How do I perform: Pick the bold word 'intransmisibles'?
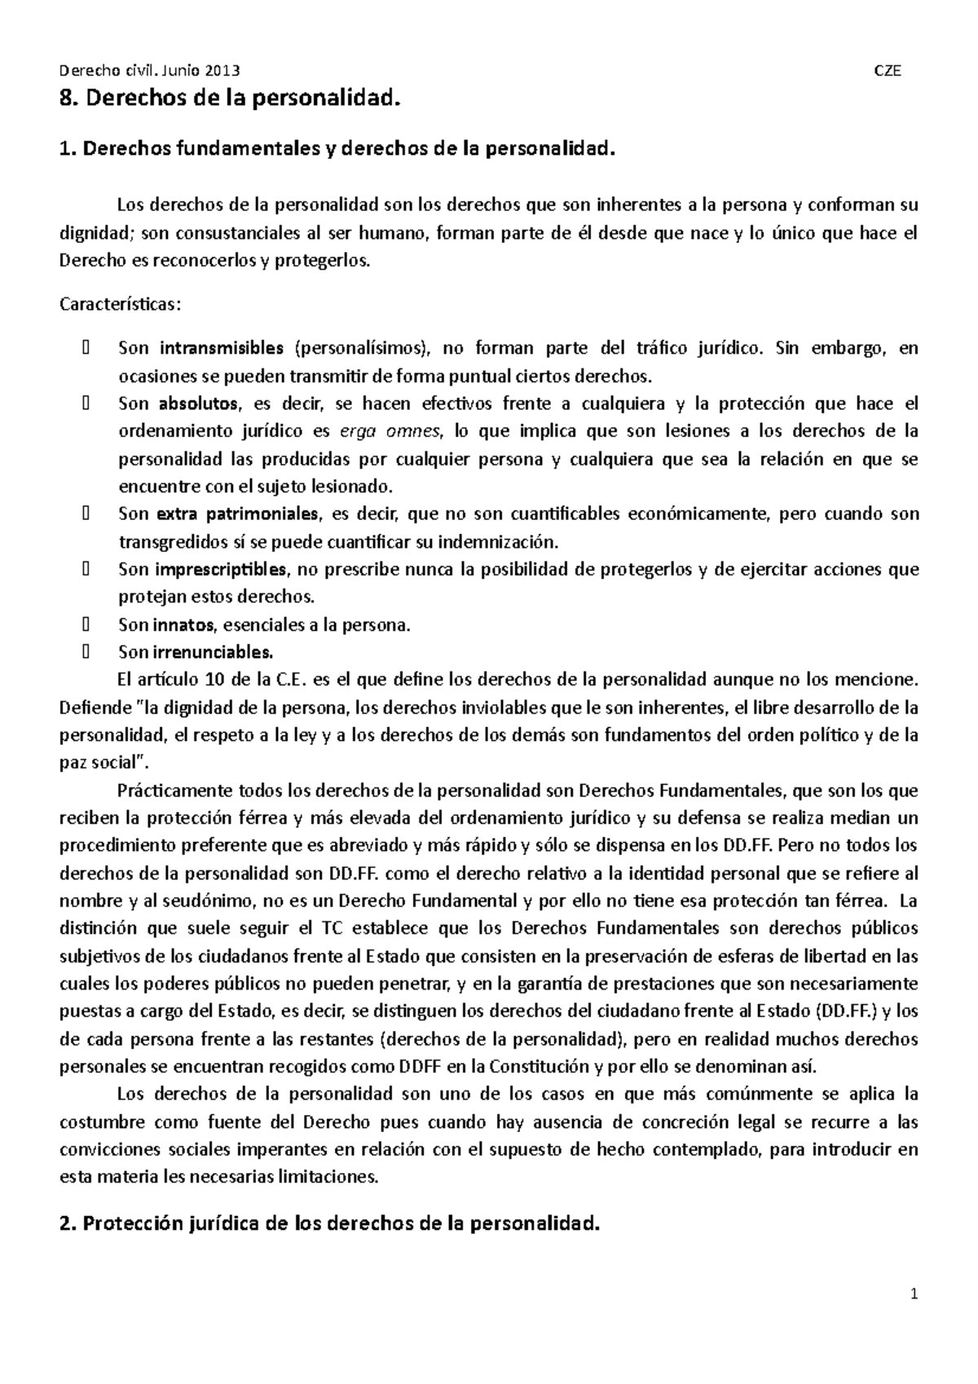(x=222, y=349)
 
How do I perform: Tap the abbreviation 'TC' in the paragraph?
(x=332, y=928)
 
